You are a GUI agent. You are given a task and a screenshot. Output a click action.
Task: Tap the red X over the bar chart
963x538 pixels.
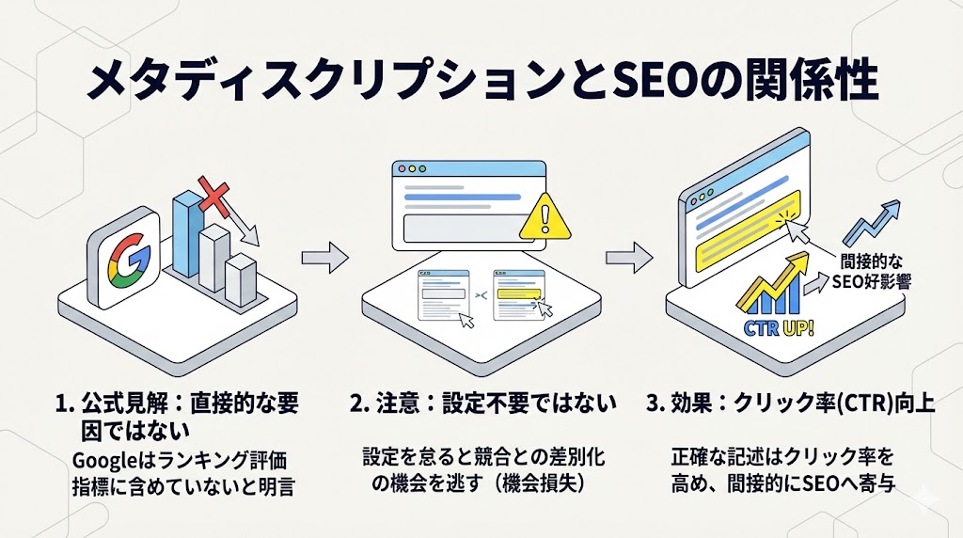pyautogui.click(x=215, y=198)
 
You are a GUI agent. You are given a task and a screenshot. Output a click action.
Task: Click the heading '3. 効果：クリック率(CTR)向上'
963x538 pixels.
pyautogui.click(x=790, y=404)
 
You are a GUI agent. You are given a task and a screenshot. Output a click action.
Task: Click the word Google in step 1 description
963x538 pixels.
pyautogui.click(x=103, y=462)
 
